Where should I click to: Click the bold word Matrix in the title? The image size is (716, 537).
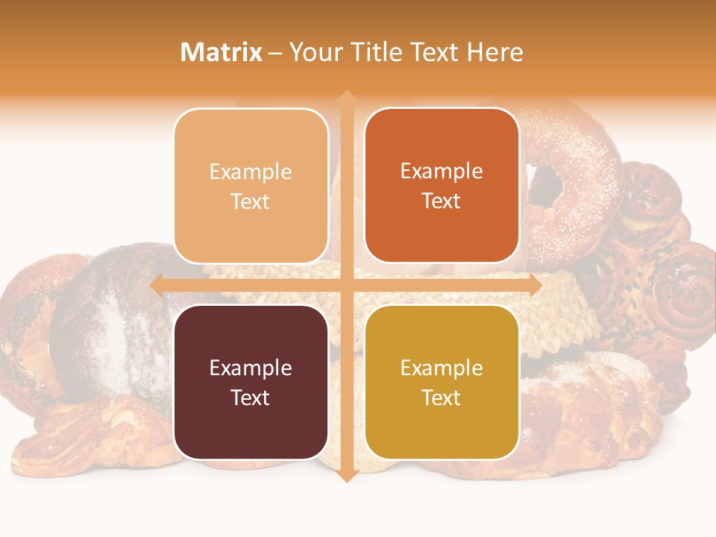[221, 52]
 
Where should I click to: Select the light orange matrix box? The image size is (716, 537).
[251, 186]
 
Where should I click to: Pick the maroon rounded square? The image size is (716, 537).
[251, 382]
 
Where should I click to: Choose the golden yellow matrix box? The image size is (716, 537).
[442, 382]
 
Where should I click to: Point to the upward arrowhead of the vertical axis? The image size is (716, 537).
[346, 97]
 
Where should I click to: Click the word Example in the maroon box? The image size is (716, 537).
[251, 368]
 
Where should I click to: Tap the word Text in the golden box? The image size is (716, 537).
[442, 398]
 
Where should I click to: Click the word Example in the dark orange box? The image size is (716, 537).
[442, 171]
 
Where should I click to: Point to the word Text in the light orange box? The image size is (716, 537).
[251, 201]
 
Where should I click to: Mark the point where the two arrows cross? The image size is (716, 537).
[346, 285]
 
